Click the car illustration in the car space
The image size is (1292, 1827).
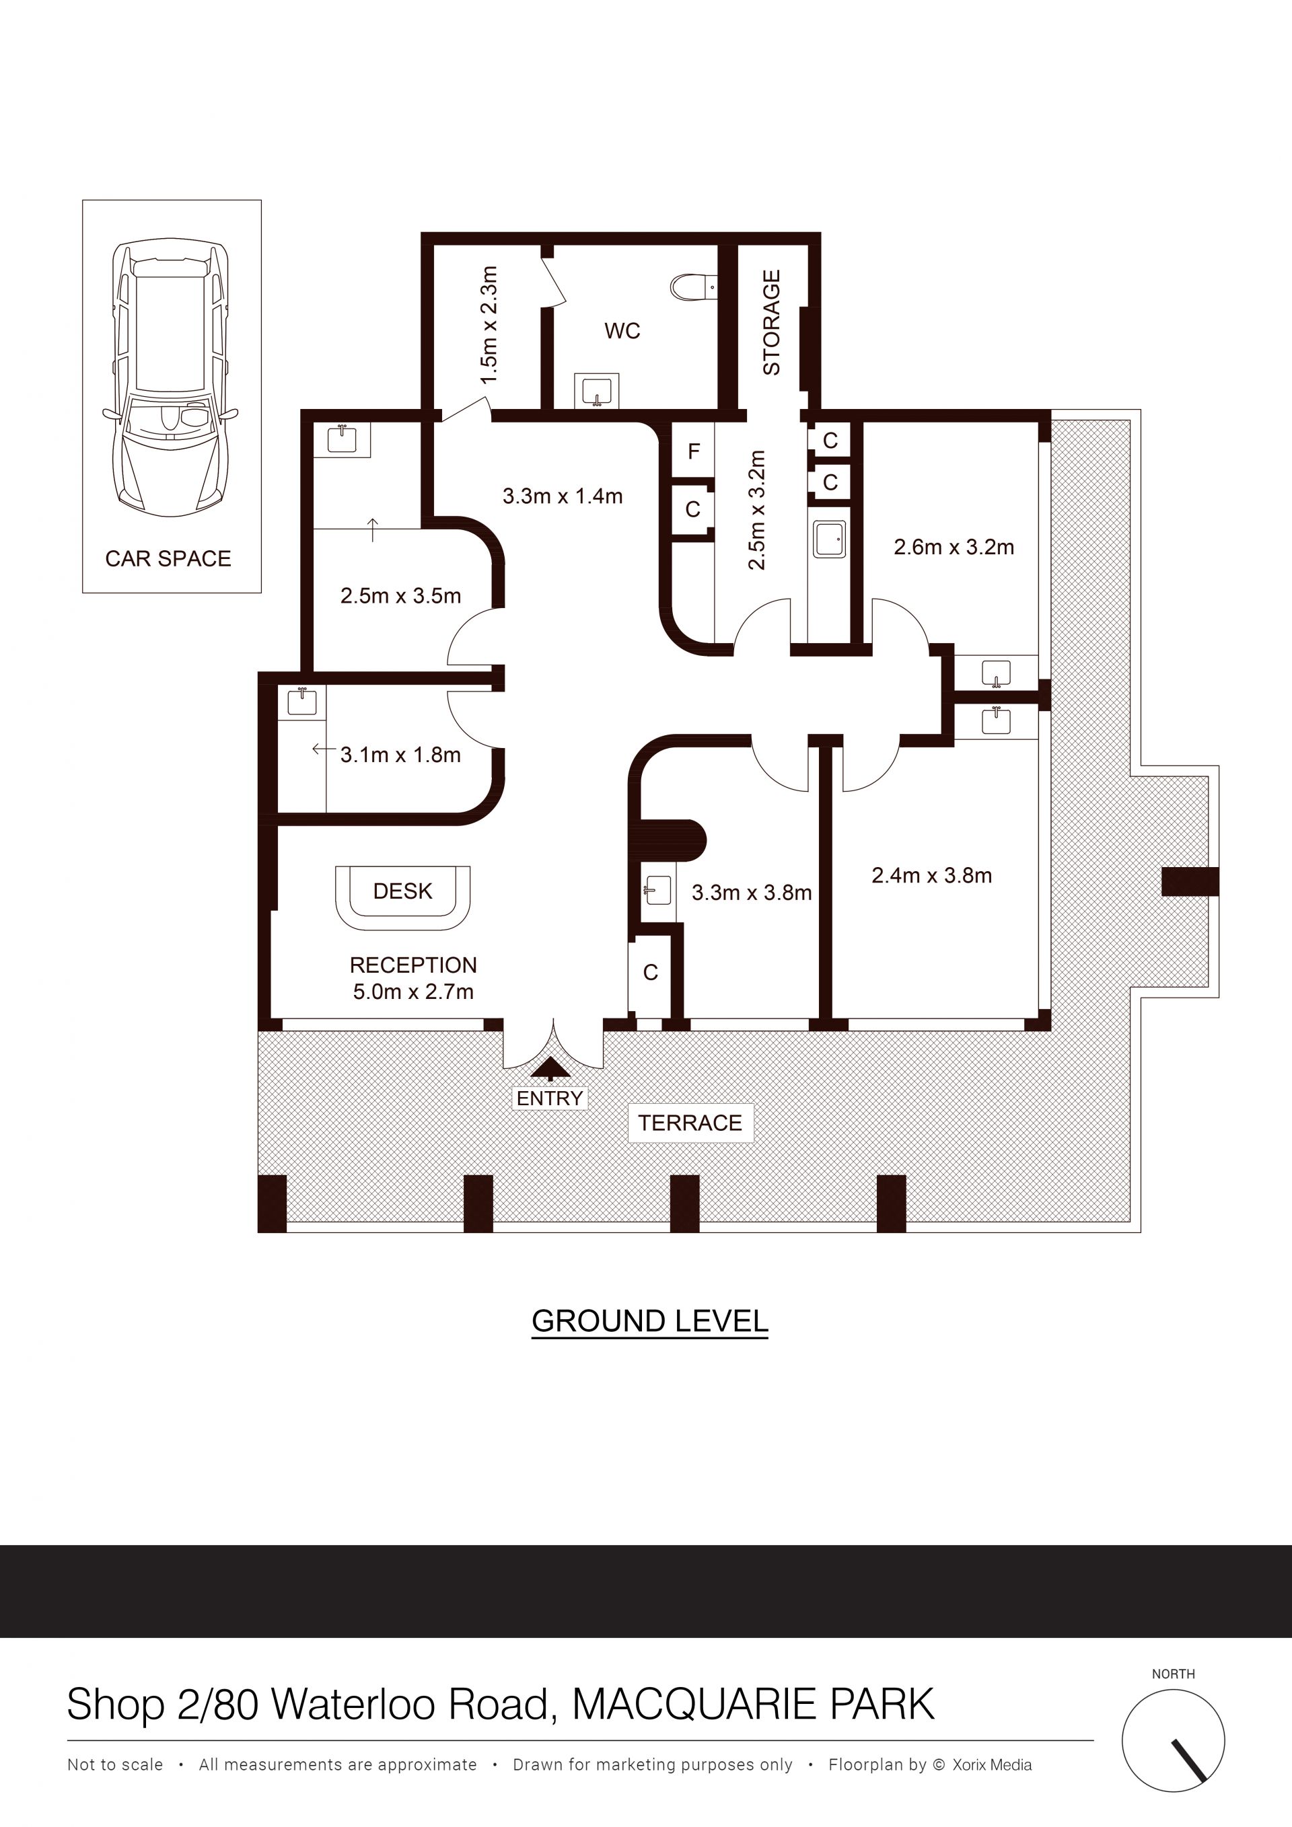(170, 378)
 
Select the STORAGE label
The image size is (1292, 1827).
(771, 322)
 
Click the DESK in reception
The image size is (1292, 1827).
(403, 897)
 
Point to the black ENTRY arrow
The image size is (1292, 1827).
(549, 1068)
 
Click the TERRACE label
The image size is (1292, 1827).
(690, 1123)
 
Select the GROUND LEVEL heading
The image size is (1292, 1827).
(649, 1321)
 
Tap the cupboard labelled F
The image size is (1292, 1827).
(693, 451)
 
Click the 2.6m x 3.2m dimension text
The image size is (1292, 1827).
(954, 548)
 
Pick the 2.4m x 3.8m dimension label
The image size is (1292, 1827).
(931, 875)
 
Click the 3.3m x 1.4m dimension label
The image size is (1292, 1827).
(562, 496)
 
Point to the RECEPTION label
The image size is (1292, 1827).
(413, 965)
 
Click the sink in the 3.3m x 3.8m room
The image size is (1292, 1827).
(657, 892)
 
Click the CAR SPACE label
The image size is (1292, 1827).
(168, 558)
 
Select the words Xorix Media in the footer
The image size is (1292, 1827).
(992, 1765)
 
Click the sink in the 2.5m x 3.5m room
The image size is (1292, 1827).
(343, 439)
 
